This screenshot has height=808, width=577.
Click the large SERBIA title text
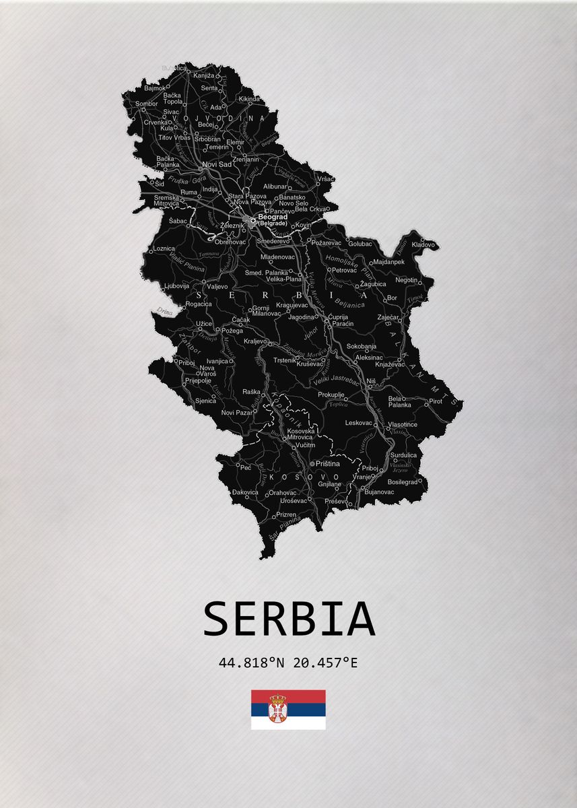pyautogui.click(x=289, y=619)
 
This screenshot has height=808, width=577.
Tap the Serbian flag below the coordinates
pyautogui.click(x=288, y=709)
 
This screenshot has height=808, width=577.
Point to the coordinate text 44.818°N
pyautogui.click(x=248, y=663)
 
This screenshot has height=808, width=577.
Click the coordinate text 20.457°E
pyautogui.click(x=322, y=663)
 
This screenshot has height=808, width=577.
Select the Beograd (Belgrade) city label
pyautogui.click(x=273, y=220)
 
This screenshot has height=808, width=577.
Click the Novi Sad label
pyautogui.click(x=217, y=164)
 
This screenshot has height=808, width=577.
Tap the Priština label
pyautogui.click(x=328, y=464)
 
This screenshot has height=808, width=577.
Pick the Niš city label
pyautogui.click(x=370, y=381)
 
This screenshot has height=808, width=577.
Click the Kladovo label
pyautogui.click(x=423, y=244)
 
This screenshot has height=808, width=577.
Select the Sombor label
pyautogui.click(x=147, y=104)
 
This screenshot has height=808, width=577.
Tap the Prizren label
pyautogui.click(x=285, y=514)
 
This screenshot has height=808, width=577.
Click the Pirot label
pyautogui.click(x=436, y=401)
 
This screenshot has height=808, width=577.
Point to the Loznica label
pyautogui.click(x=164, y=248)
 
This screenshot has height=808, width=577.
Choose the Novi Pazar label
pyautogui.click(x=236, y=412)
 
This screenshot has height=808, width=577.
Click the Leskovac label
pyautogui.click(x=359, y=423)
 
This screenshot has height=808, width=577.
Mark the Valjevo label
pyautogui.click(x=217, y=286)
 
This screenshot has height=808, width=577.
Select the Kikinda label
pyautogui.click(x=248, y=99)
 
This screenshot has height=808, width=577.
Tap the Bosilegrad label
pyautogui.click(x=403, y=482)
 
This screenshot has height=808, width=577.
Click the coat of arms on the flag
pyautogui.click(x=277, y=709)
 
